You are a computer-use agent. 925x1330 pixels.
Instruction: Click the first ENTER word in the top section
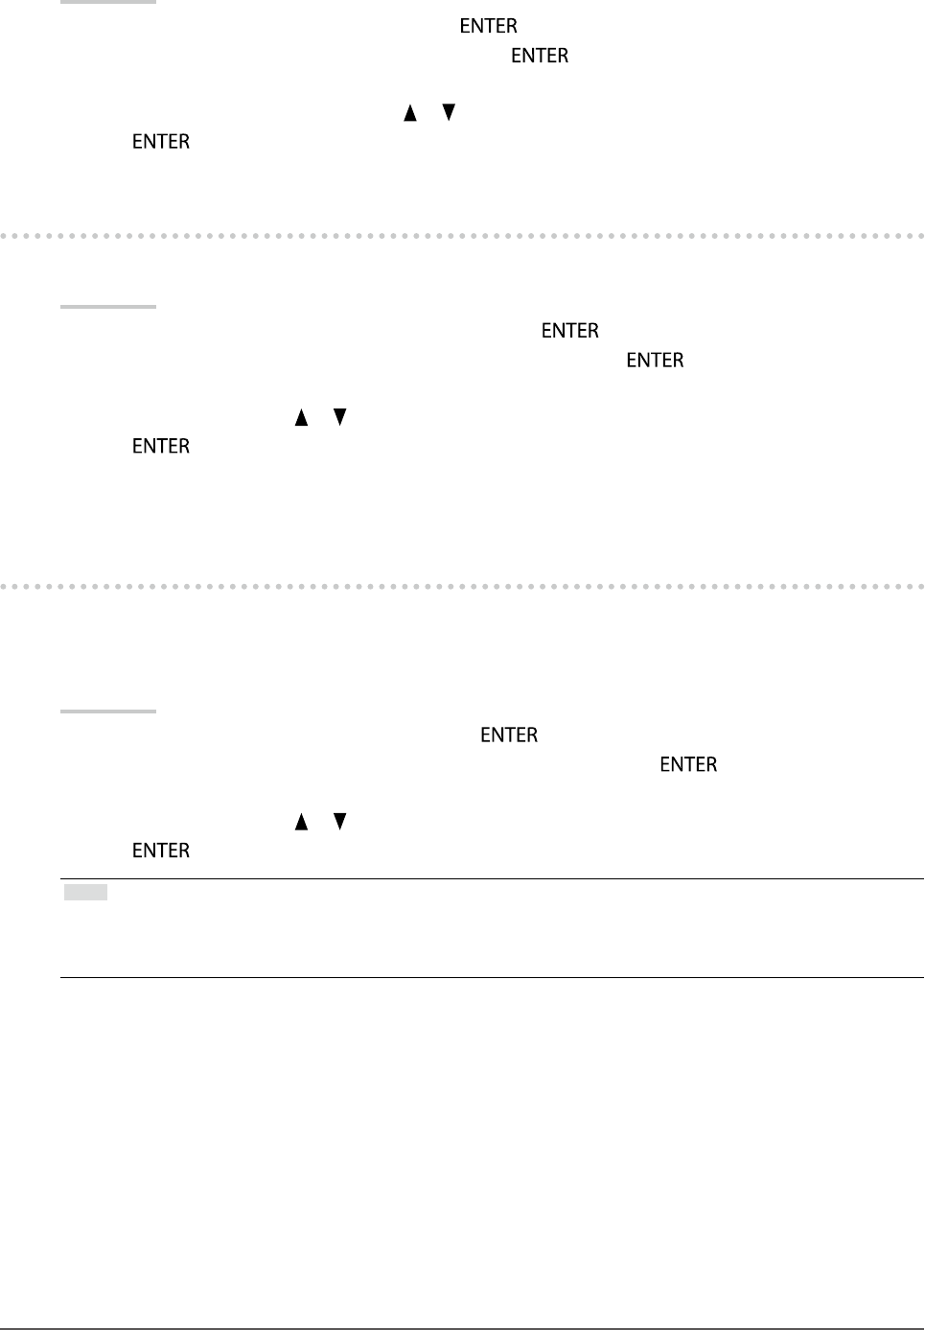point(488,26)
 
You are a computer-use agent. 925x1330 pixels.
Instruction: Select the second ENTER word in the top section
point(540,56)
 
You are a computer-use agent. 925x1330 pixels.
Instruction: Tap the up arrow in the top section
point(409,113)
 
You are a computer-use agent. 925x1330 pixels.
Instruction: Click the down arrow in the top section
point(449,112)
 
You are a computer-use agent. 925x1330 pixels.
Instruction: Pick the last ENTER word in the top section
point(161,142)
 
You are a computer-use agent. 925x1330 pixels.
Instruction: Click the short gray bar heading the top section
point(108,2)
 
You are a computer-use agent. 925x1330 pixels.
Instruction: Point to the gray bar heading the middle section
point(108,307)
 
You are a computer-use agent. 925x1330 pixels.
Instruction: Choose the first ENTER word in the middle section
point(570,331)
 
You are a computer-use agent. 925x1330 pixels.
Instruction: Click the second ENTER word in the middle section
point(655,361)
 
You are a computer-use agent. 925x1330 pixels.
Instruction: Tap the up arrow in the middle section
point(301,417)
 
